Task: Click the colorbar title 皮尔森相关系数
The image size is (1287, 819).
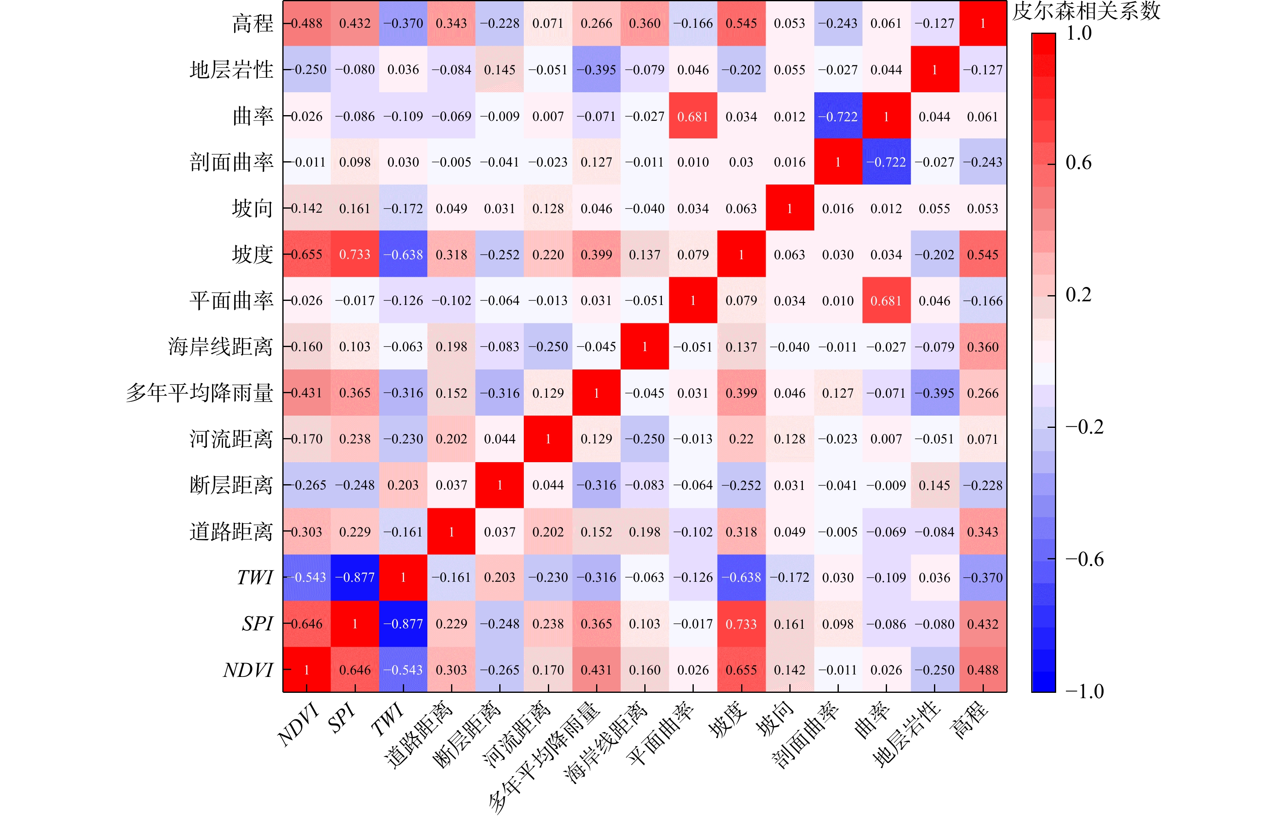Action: [1086, 11]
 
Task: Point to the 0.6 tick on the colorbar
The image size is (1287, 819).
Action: [1079, 162]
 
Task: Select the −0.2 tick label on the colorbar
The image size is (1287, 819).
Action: [1084, 427]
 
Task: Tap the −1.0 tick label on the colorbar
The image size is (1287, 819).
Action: [1084, 691]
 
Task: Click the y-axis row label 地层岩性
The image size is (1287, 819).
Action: [231, 70]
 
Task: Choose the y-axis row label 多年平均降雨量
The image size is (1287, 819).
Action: [199, 393]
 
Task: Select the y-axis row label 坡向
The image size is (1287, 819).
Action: [252, 208]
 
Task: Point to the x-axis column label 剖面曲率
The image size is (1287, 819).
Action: [806, 734]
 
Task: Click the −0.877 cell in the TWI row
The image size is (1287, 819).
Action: [355, 578]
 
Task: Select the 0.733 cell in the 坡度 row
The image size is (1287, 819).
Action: [355, 254]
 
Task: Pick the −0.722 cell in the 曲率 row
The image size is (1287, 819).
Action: [838, 116]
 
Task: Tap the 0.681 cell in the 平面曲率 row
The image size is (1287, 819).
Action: [886, 301]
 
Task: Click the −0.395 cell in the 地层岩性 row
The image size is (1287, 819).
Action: [597, 70]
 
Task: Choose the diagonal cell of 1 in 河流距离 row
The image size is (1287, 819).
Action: [548, 439]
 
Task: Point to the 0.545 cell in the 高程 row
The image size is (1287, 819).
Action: [741, 24]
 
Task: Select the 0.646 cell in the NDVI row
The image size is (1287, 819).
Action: [355, 670]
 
